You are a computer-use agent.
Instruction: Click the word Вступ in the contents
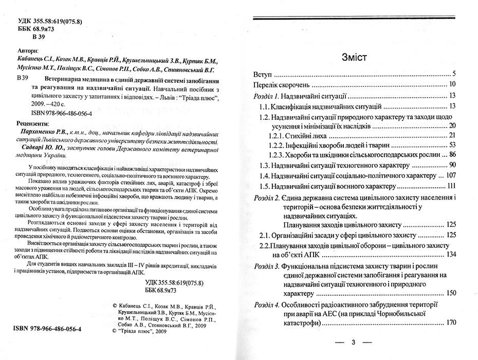pos(266,74)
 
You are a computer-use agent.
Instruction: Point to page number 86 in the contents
pos(453,154)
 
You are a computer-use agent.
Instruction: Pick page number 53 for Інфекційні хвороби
pos(453,145)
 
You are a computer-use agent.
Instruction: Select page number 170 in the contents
pos(451,323)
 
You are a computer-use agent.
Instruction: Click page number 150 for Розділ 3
pos(451,293)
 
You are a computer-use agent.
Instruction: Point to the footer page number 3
pos(353,342)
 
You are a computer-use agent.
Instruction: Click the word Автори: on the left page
pos(28,51)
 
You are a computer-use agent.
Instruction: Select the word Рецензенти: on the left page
pos(34,124)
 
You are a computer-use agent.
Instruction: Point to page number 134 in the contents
pos(451,254)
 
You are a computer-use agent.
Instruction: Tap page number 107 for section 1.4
pos(451,175)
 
